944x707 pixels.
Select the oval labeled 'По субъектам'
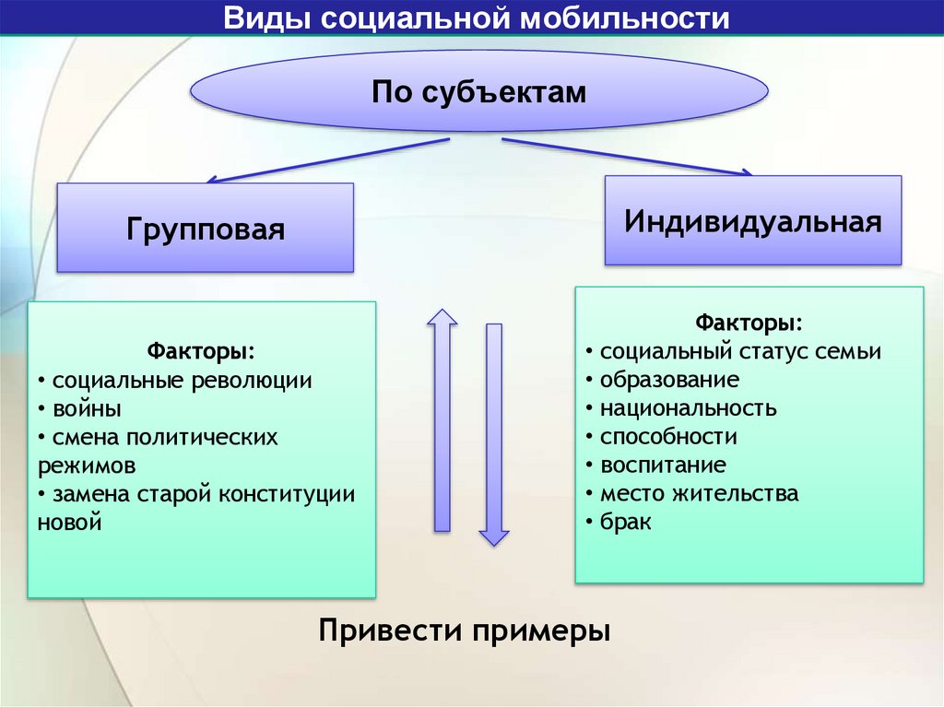pyautogui.click(x=478, y=92)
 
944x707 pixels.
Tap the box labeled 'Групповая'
pyautogui.click(x=206, y=228)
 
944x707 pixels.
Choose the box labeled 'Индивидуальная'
pyautogui.click(x=752, y=221)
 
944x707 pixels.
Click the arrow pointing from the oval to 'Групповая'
pyautogui.click(x=327, y=160)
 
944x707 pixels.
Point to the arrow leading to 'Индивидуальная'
pyautogui.click(x=627, y=157)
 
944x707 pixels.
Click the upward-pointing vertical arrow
pyautogui.click(x=442, y=419)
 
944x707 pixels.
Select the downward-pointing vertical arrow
pyautogui.click(x=494, y=433)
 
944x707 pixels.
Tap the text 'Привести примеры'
pyautogui.click(x=465, y=631)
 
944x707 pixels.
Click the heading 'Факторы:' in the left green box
pyautogui.click(x=201, y=352)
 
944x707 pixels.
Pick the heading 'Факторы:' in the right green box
pyautogui.click(x=749, y=324)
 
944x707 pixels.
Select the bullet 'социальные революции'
pyautogui.click(x=182, y=380)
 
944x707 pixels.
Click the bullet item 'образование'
pyautogui.click(x=669, y=380)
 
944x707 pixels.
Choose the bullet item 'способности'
pyautogui.click(x=668, y=437)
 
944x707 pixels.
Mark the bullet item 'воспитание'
pyautogui.click(x=663, y=465)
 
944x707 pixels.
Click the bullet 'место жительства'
pyautogui.click(x=699, y=493)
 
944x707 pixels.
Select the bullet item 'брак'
pyautogui.click(x=626, y=522)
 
